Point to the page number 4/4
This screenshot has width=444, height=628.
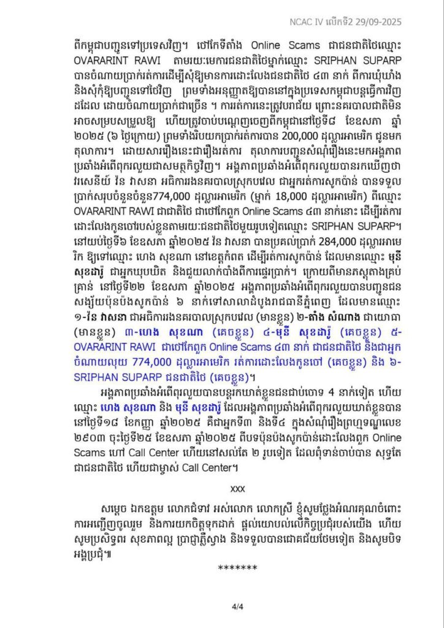point(237,607)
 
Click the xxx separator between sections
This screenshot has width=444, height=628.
point(237,489)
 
